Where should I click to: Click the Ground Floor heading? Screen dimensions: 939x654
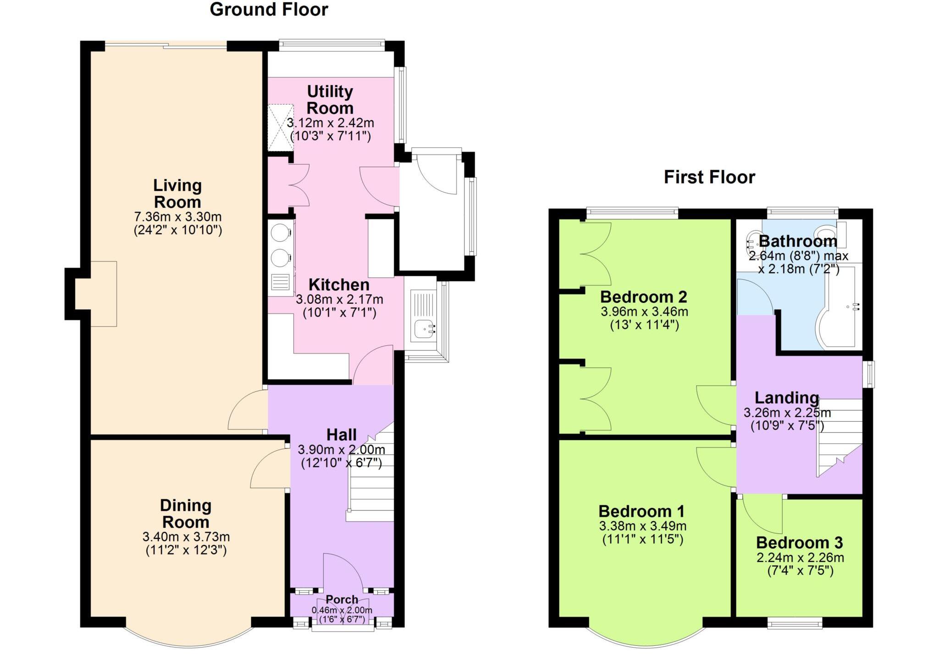(269, 10)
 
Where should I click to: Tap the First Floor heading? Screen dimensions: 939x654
(709, 177)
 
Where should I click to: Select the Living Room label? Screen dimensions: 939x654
(177, 194)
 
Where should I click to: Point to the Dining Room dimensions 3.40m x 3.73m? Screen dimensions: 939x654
(186, 537)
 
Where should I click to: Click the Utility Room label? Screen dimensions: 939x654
(330, 100)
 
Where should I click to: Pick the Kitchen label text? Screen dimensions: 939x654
(339, 285)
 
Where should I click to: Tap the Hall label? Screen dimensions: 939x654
(342, 435)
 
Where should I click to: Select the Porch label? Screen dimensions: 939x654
(342, 599)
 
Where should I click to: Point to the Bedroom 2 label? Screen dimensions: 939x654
(644, 297)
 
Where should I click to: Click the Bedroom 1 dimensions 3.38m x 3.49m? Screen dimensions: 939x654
(642, 526)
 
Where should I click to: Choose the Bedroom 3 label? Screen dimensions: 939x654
(799, 542)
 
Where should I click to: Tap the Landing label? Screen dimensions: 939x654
(787, 397)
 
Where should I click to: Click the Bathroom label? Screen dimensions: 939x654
(798, 241)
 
